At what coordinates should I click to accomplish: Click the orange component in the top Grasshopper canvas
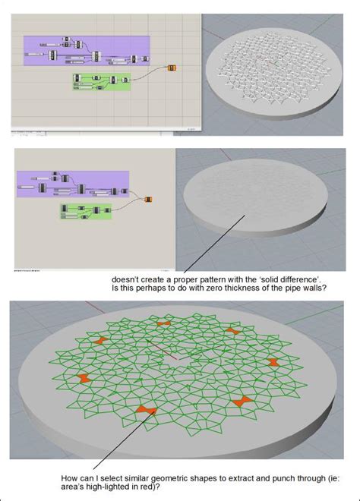point(172,69)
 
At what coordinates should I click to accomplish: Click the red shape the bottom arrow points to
point(142,411)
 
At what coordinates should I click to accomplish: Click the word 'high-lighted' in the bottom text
point(106,487)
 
